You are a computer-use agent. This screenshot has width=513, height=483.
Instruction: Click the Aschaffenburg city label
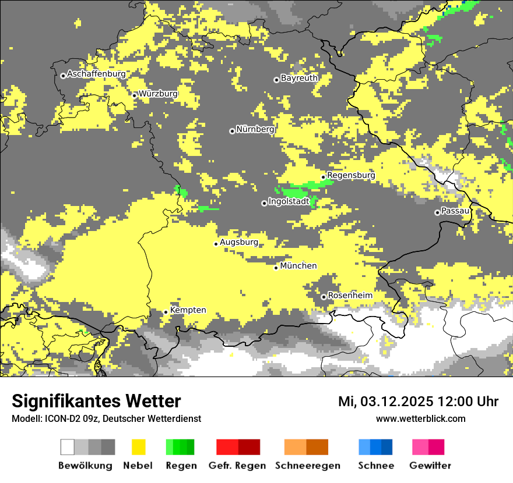point(96,74)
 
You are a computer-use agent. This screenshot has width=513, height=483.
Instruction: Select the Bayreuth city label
point(299,78)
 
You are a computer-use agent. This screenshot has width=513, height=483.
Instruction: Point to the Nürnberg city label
point(255,129)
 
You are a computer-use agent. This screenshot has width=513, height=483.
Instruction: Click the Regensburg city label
point(351,175)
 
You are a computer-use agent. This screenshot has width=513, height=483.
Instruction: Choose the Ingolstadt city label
point(289,201)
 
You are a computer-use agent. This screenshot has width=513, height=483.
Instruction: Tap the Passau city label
point(455,211)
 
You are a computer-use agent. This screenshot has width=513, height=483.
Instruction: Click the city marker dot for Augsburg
point(216,244)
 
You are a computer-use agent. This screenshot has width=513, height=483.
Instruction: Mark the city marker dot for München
point(276,268)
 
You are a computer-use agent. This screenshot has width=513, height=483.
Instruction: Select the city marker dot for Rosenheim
point(324,297)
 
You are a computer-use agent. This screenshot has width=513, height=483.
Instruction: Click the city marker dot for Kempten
point(166,312)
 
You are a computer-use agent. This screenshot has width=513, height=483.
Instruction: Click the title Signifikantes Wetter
point(96,402)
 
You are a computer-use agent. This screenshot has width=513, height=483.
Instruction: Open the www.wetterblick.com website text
point(421,418)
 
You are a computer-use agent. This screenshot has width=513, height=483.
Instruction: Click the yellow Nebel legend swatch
point(138,447)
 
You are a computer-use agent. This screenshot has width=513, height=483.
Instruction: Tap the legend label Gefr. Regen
point(238,466)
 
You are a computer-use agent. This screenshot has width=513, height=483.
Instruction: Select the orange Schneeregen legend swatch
point(306,447)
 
